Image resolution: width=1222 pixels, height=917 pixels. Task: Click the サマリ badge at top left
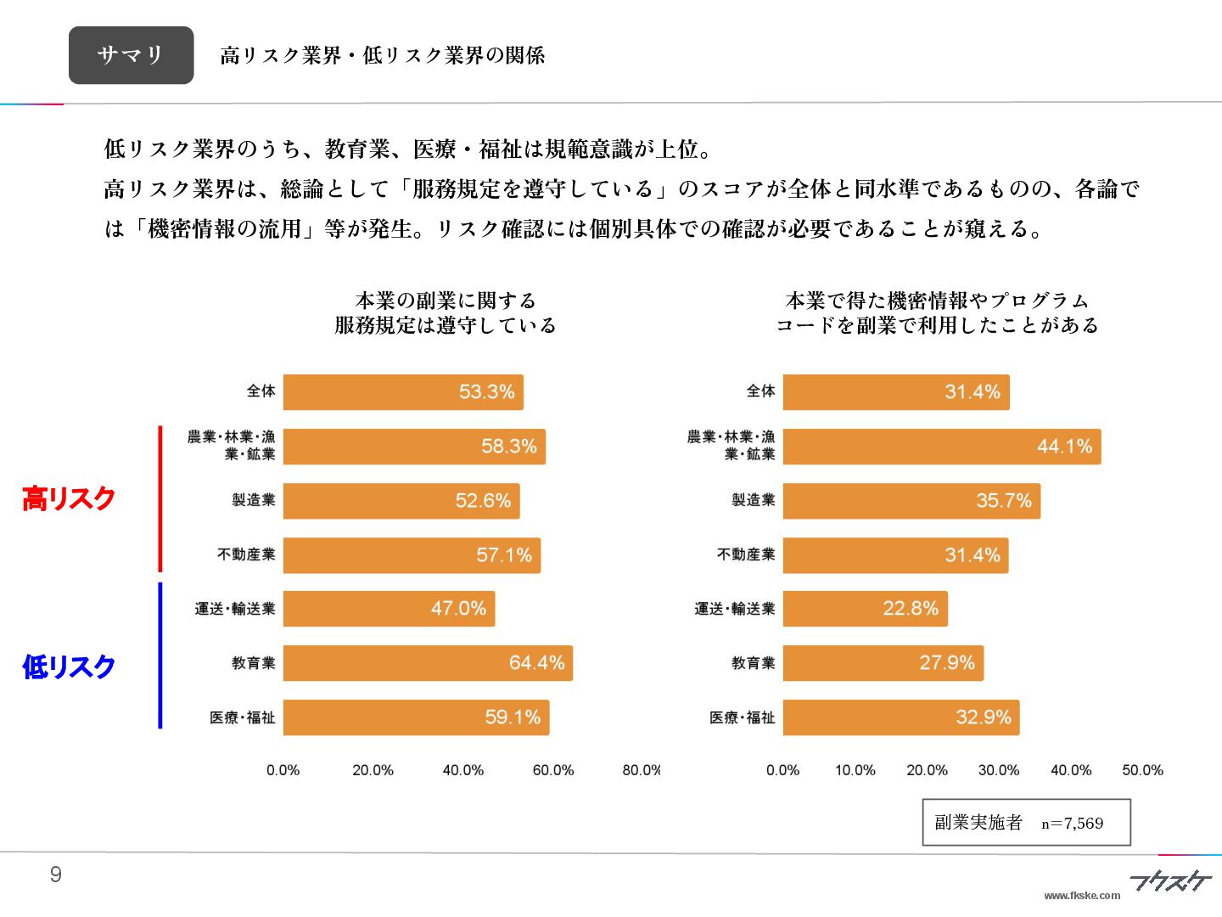131,55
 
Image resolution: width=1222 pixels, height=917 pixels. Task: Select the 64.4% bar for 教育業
428,663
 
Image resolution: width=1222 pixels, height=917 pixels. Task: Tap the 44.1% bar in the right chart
941,447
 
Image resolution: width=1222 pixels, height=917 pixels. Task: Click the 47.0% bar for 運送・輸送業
389,609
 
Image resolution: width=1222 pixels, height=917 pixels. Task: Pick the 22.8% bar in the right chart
865,609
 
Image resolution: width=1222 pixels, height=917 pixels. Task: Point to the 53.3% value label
486,392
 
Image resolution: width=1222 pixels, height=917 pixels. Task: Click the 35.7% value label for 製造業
1003,501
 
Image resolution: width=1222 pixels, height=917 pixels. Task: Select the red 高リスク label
69,498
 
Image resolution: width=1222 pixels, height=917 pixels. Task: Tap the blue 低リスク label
69,667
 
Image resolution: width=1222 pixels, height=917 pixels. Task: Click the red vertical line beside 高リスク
160,499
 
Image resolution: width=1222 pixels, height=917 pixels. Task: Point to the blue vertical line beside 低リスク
160,655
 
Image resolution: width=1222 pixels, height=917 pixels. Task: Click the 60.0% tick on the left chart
552,770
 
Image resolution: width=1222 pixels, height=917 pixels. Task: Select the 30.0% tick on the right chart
999,770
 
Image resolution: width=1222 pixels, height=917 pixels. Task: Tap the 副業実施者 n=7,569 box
1026,822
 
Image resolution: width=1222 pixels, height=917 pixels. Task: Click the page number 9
56,875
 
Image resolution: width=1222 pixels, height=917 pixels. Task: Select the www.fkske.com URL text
1082,895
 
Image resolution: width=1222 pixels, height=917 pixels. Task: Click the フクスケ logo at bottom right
1169,881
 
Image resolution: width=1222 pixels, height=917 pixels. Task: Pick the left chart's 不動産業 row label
246,554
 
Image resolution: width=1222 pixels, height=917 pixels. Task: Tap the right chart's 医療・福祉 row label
742,717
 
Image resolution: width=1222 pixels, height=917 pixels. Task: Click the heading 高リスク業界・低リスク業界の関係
382,56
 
